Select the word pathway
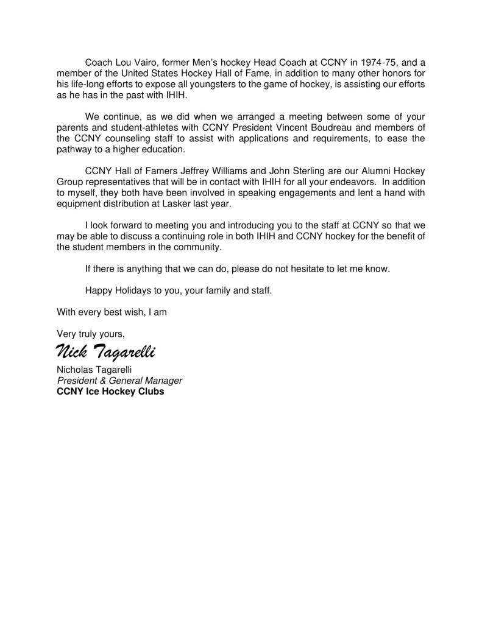click(73, 150)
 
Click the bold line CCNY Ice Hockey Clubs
click(110, 392)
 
